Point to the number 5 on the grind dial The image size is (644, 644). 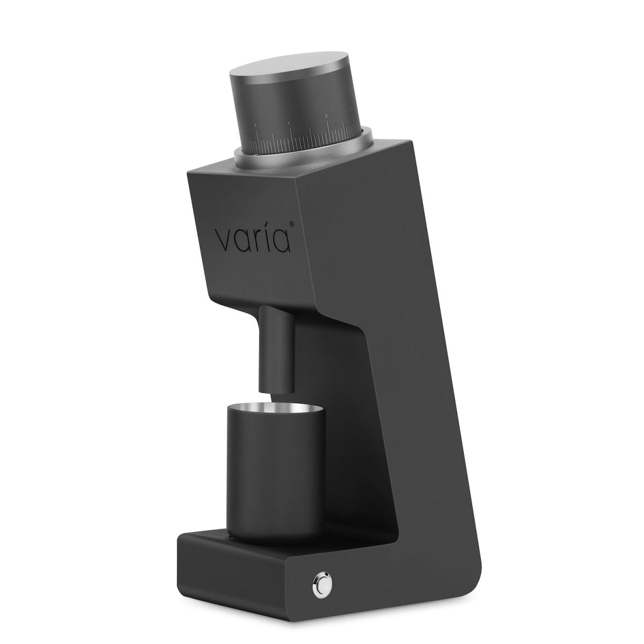(255, 125)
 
